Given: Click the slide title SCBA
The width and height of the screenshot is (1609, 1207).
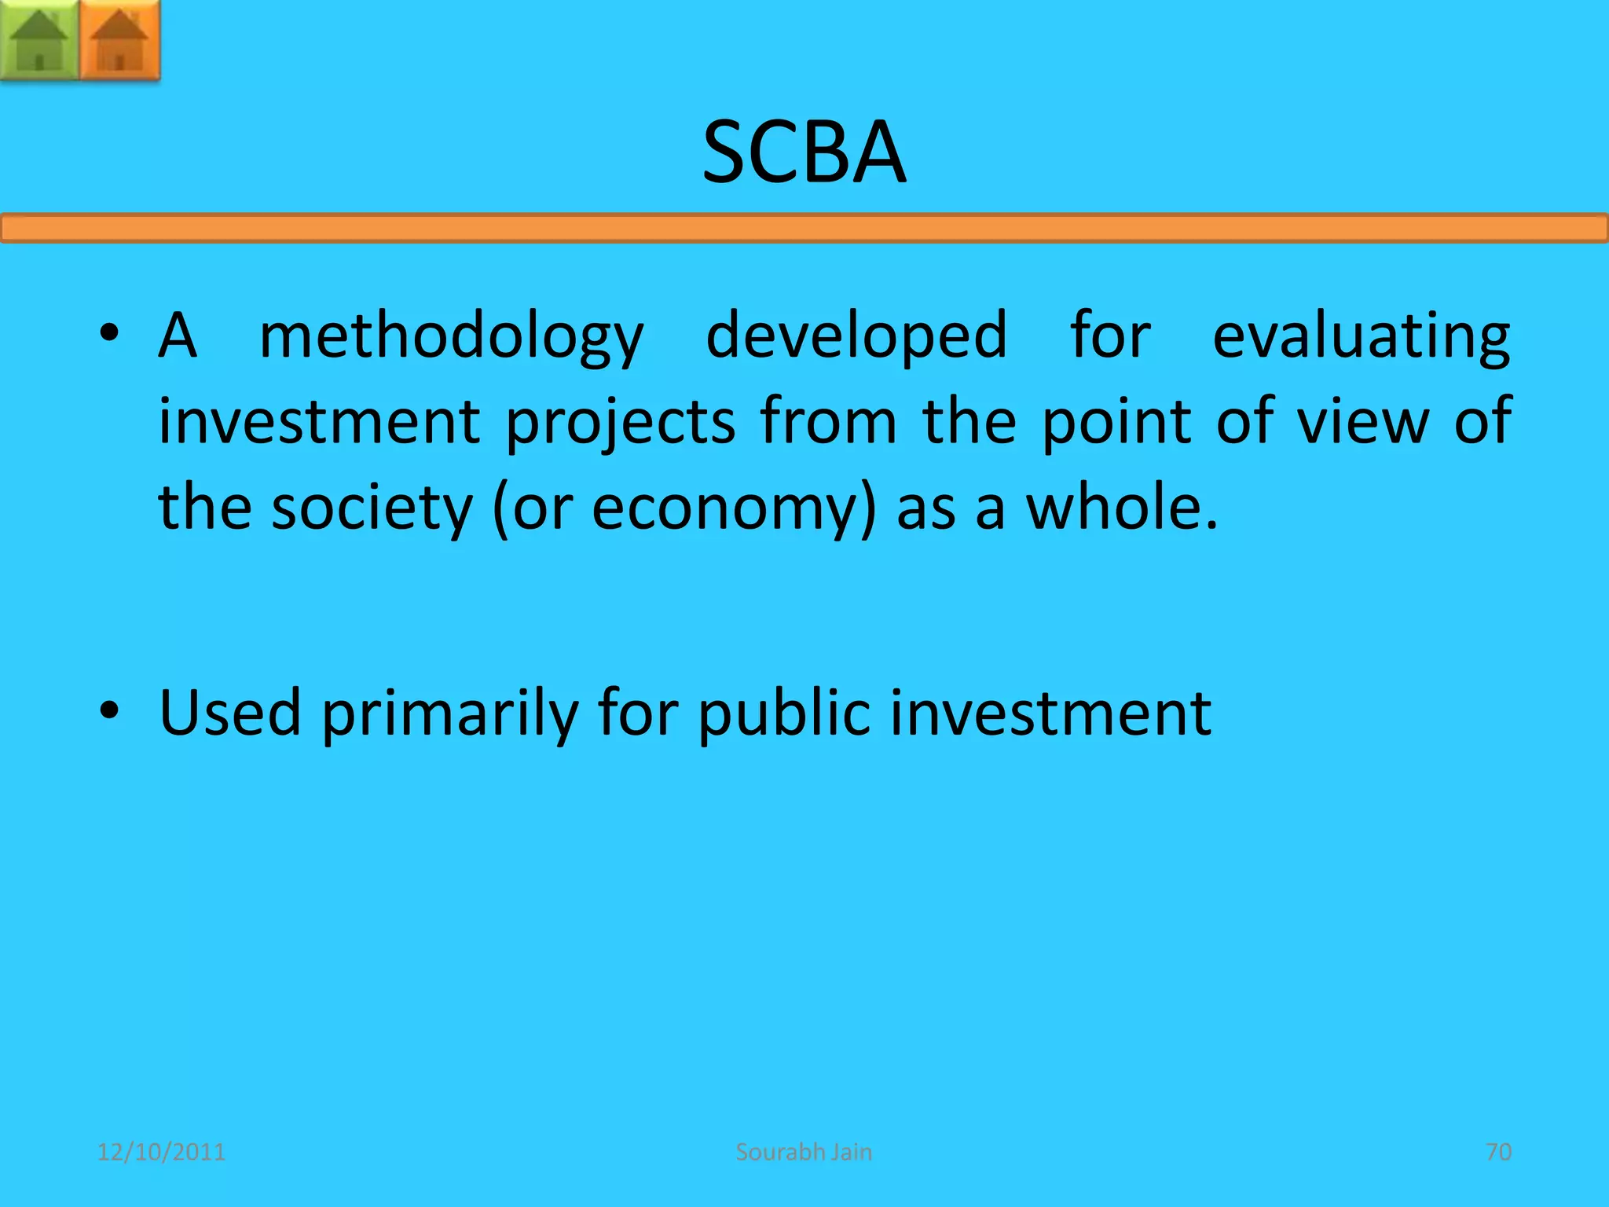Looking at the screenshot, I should (x=804, y=152).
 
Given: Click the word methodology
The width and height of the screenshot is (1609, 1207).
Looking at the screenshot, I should (x=452, y=336).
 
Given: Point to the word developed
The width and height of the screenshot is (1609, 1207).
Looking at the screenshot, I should (x=856, y=335).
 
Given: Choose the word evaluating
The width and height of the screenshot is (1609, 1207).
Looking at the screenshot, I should (x=1361, y=336).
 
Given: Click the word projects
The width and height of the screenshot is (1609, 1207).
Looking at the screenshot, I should (x=620, y=423).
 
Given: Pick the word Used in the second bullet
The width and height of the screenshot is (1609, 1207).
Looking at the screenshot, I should (x=230, y=713).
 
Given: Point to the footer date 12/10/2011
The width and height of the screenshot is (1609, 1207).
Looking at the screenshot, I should (x=161, y=1152).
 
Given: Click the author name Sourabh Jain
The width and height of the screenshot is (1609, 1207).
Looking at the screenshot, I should (x=804, y=1152).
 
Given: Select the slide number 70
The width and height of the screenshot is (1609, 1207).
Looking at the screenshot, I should (x=1498, y=1152).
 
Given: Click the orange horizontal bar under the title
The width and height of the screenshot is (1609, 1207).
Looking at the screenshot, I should (x=804, y=229).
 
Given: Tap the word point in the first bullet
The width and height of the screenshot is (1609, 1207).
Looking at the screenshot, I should (x=1119, y=423).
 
